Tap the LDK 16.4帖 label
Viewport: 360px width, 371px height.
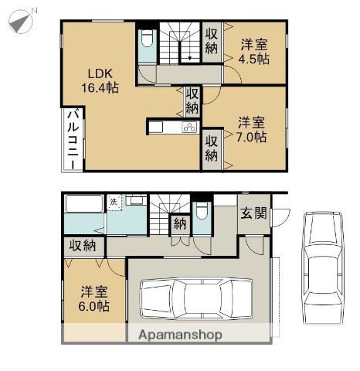[x=100, y=81]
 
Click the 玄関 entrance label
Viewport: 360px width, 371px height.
[x=251, y=213]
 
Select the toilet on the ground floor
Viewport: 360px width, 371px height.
[x=202, y=213]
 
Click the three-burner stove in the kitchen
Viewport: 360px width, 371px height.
[x=189, y=128]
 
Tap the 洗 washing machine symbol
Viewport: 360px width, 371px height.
[x=114, y=202]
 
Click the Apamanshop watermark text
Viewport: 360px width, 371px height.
[x=180, y=335]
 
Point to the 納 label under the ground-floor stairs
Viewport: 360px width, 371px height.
[x=179, y=224]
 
